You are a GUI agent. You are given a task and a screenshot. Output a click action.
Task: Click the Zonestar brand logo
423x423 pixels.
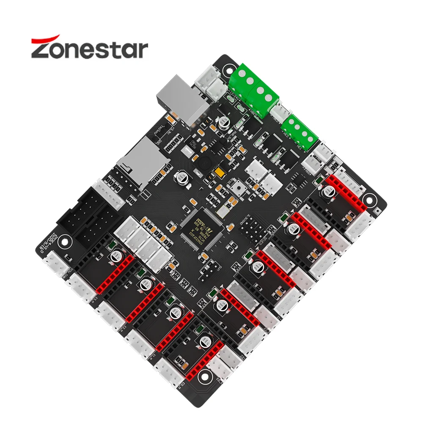[89, 48]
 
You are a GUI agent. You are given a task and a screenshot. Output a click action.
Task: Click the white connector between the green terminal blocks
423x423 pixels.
[279, 112]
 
